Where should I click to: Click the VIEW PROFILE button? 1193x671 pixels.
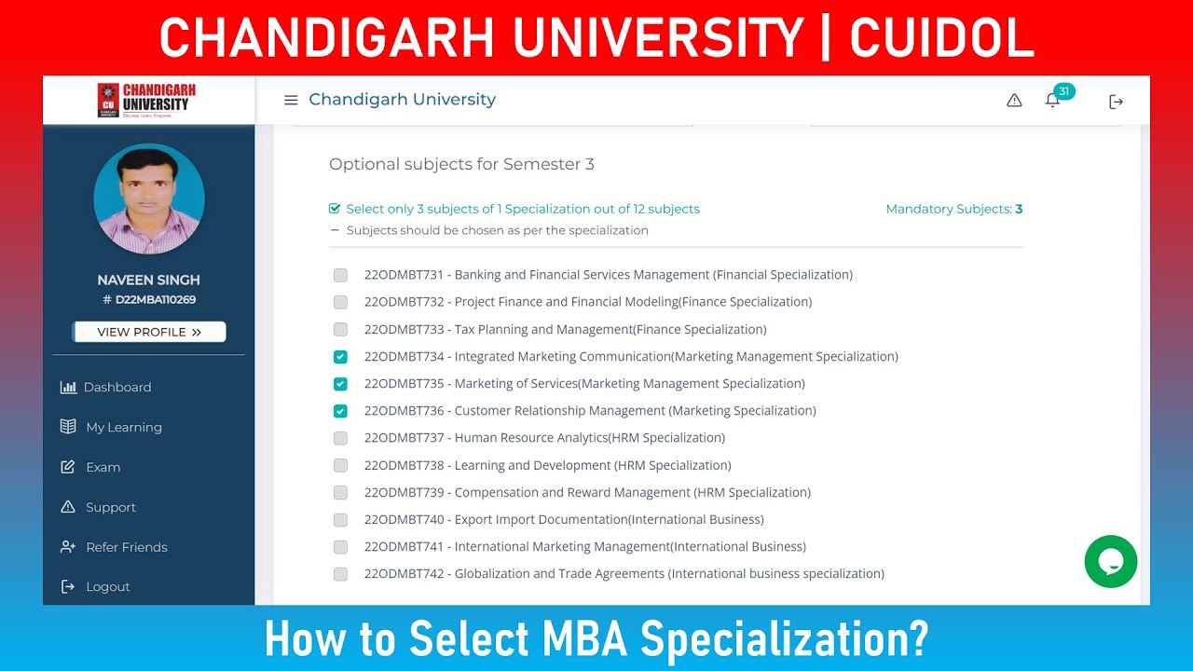[149, 332]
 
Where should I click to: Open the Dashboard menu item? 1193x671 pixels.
[117, 387]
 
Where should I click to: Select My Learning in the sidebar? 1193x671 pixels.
[123, 427]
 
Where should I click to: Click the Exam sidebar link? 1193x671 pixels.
[103, 467]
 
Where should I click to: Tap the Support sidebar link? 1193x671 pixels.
[110, 507]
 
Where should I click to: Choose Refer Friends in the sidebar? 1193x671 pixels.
[126, 547]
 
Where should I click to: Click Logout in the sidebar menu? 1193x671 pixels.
[107, 586]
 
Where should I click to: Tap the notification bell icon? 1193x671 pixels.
[1052, 100]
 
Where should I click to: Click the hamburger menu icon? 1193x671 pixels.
[291, 100]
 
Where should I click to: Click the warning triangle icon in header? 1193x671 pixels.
[1014, 101]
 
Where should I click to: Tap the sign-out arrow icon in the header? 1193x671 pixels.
[1116, 102]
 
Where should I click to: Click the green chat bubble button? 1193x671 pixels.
[1111, 561]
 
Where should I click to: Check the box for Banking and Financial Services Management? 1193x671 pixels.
[340, 275]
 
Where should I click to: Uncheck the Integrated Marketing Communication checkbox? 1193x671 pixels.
[340, 357]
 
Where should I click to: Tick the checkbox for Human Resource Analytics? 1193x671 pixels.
[340, 438]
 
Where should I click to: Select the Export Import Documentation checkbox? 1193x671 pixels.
[340, 520]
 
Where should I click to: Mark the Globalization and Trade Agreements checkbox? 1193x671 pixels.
[340, 574]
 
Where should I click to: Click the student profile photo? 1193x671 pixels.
[149, 199]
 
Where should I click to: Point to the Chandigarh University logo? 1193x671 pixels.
[147, 100]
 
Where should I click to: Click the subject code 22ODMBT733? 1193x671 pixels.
[405, 329]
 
